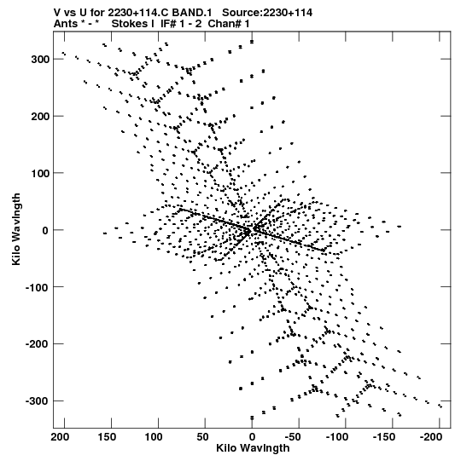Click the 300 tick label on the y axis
click(x=41, y=59)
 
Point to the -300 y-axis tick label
click(x=38, y=401)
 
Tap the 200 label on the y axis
click(x=41, y=116)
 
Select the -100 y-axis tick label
click(x=38, y=287)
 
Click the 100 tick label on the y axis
click(x=41, y=173)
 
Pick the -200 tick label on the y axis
click(x=38, y=344)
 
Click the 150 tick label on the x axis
click(x=107, y=437)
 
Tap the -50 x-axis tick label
click(x=293, y=437)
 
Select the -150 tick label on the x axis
click(x=384, y=437)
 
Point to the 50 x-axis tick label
click(x=202, y=437)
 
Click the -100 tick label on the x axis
click(x=337, y=437)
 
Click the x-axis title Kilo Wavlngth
click(x=253, y=448)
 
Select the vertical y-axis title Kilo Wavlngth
click(x=16, y=229)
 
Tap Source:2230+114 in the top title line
click(x=267, y=13)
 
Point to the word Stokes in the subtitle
click(x=131, y=24)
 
